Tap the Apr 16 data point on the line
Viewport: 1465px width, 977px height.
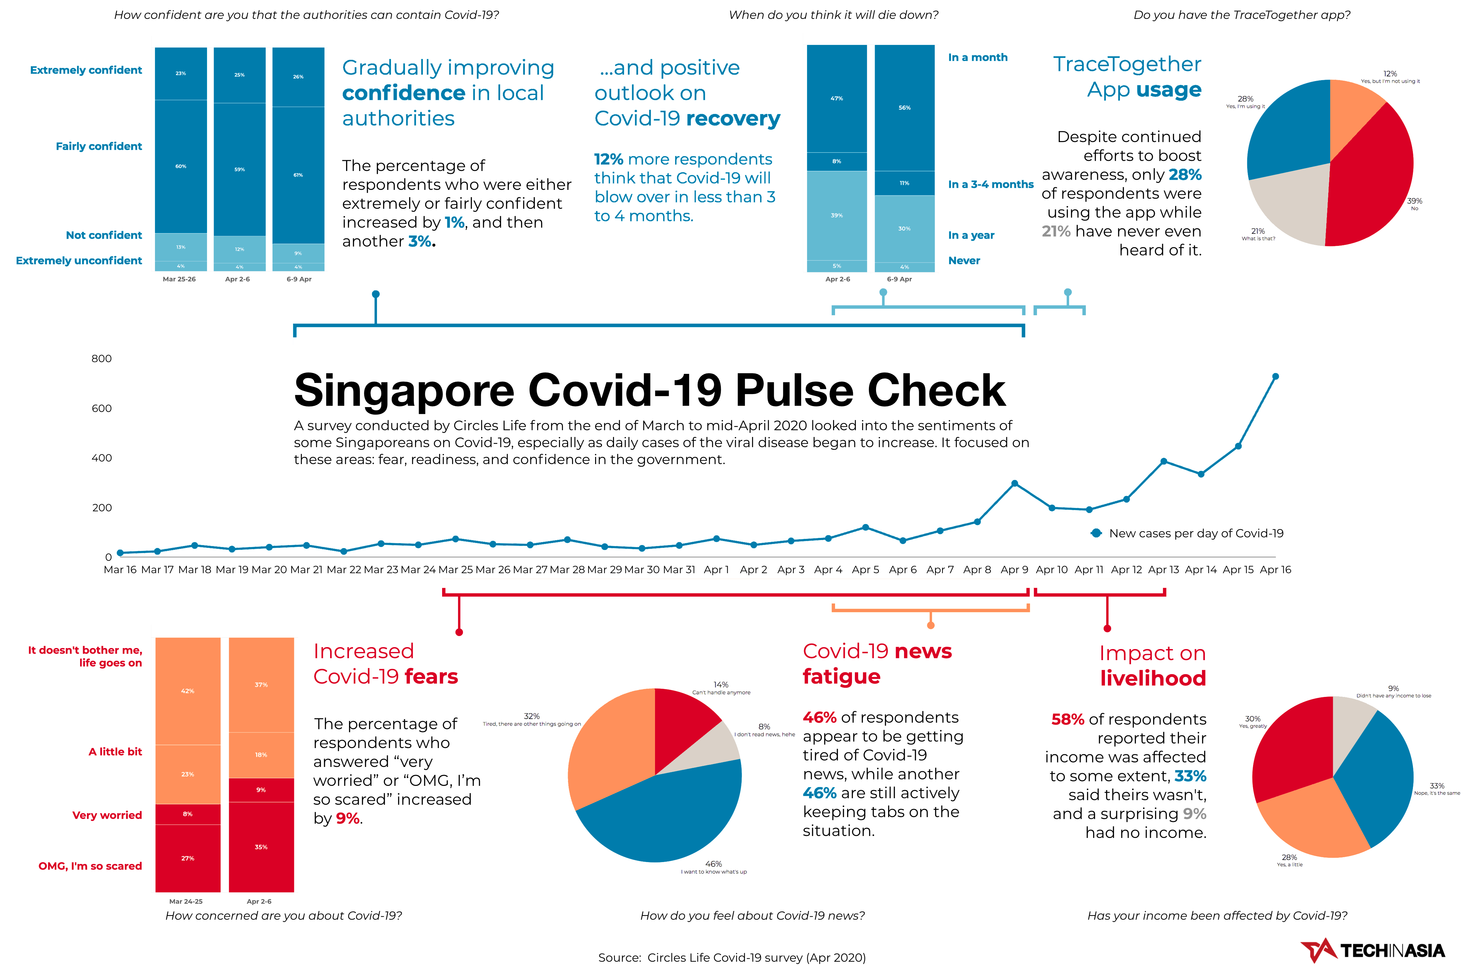click(1275, 376)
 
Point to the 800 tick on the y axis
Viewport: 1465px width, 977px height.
click(102, 358)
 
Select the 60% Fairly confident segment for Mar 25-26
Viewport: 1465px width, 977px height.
click(181, 166)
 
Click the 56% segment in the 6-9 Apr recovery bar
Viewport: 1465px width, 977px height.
click(904, 108)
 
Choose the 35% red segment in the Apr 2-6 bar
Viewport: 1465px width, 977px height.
click(261, 847)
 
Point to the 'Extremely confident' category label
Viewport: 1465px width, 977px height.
click(86, 70)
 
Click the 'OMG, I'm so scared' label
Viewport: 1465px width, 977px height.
click(90, 866)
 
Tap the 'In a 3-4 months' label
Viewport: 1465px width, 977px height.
click(990, 184)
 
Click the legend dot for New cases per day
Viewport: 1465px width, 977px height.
click(1096, 533)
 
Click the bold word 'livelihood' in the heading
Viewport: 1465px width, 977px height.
click(1152, 678)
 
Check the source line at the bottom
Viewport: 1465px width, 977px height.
click(732, 958)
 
